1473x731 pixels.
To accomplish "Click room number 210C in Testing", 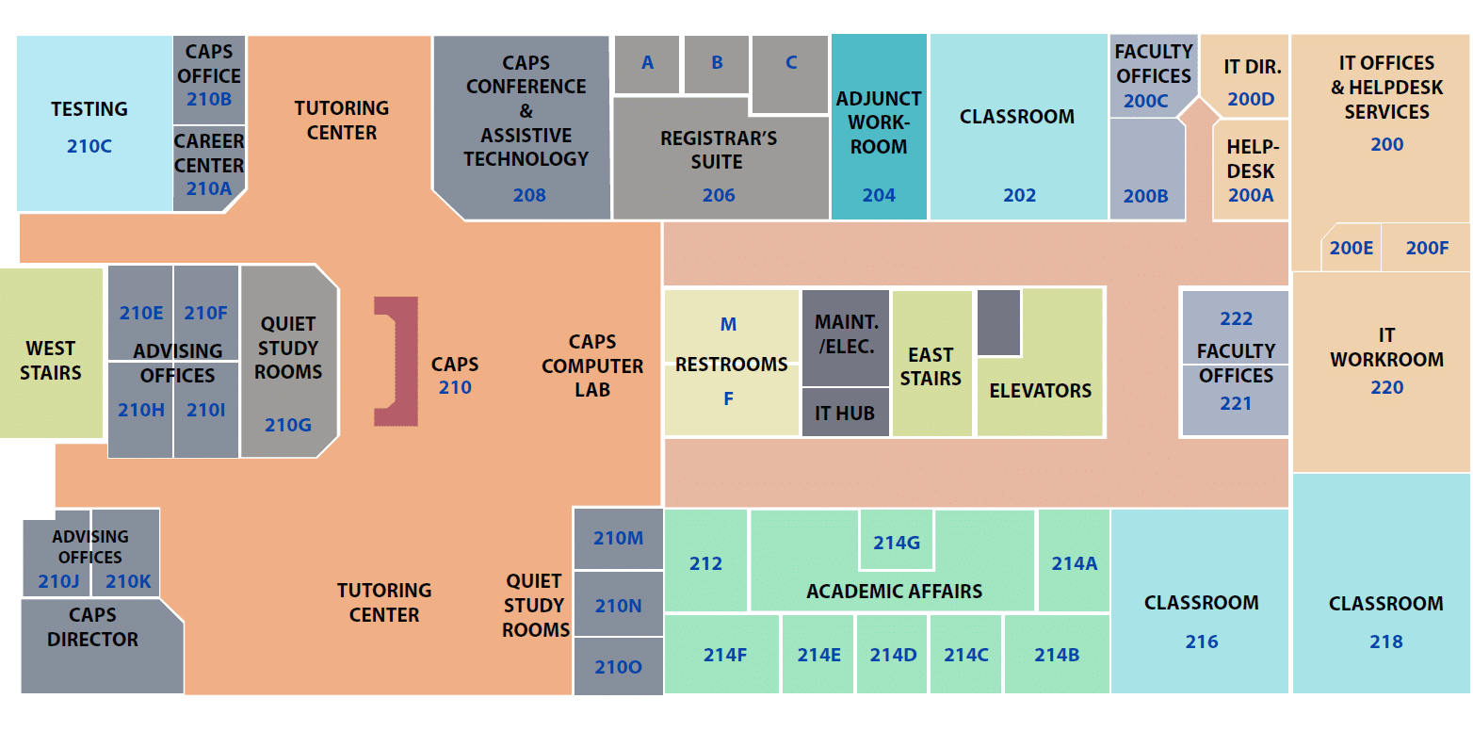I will coord(89,147).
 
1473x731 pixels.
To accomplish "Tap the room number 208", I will coord(529,196).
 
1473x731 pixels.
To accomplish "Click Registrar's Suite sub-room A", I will coord(647,63).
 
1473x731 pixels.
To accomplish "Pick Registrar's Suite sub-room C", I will coord(791,63).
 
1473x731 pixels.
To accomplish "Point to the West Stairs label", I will coord(51,360).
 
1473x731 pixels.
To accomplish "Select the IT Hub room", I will coord(845,413).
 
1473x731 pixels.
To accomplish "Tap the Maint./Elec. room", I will coord(845,334).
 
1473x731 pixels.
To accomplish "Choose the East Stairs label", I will coord(931,366).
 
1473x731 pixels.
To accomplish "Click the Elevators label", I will coord(1041,391).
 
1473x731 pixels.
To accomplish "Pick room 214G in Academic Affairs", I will coord(896,543).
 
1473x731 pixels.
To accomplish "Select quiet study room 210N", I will coord(618,606).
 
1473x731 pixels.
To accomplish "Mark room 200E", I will coord(1352,248).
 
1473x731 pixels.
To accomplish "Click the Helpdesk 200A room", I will coord(1251,171).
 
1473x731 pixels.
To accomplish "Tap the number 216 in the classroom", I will coord(1202,642).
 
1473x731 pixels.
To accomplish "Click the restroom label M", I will coord(728,325).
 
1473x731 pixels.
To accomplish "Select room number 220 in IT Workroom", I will coord(1386,387).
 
